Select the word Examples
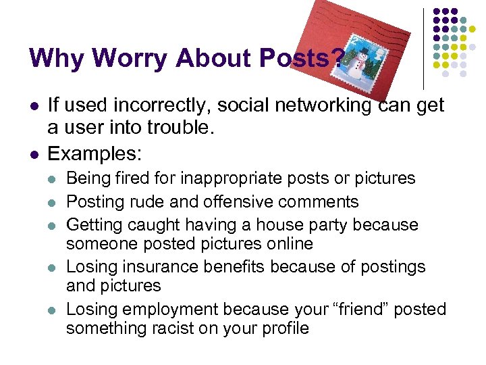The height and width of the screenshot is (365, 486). pos(94,153)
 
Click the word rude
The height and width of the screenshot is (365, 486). pos(142,201)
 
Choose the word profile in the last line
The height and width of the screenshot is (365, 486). pos(283,328)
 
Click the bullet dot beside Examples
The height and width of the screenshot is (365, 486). pos(33,153)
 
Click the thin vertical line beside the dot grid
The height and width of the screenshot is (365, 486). pos(424,47)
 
